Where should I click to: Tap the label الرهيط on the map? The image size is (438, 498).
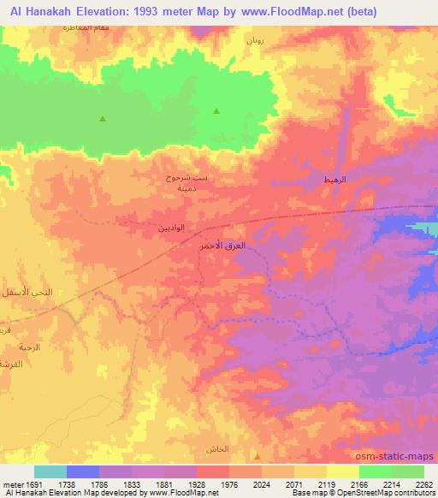(334, 180)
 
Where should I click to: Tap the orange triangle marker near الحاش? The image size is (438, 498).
(257, 456)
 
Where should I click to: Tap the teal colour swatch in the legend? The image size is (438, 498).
(50, 471)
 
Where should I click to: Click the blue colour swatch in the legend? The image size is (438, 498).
(83, 471)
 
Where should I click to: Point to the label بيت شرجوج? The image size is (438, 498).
(186, 178)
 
